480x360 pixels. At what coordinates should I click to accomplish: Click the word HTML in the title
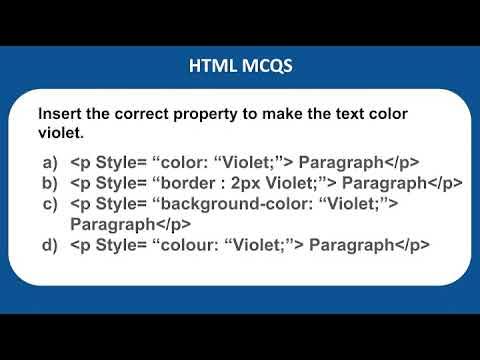(212, 67)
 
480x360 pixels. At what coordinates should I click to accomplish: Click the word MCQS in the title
(264, 67)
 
